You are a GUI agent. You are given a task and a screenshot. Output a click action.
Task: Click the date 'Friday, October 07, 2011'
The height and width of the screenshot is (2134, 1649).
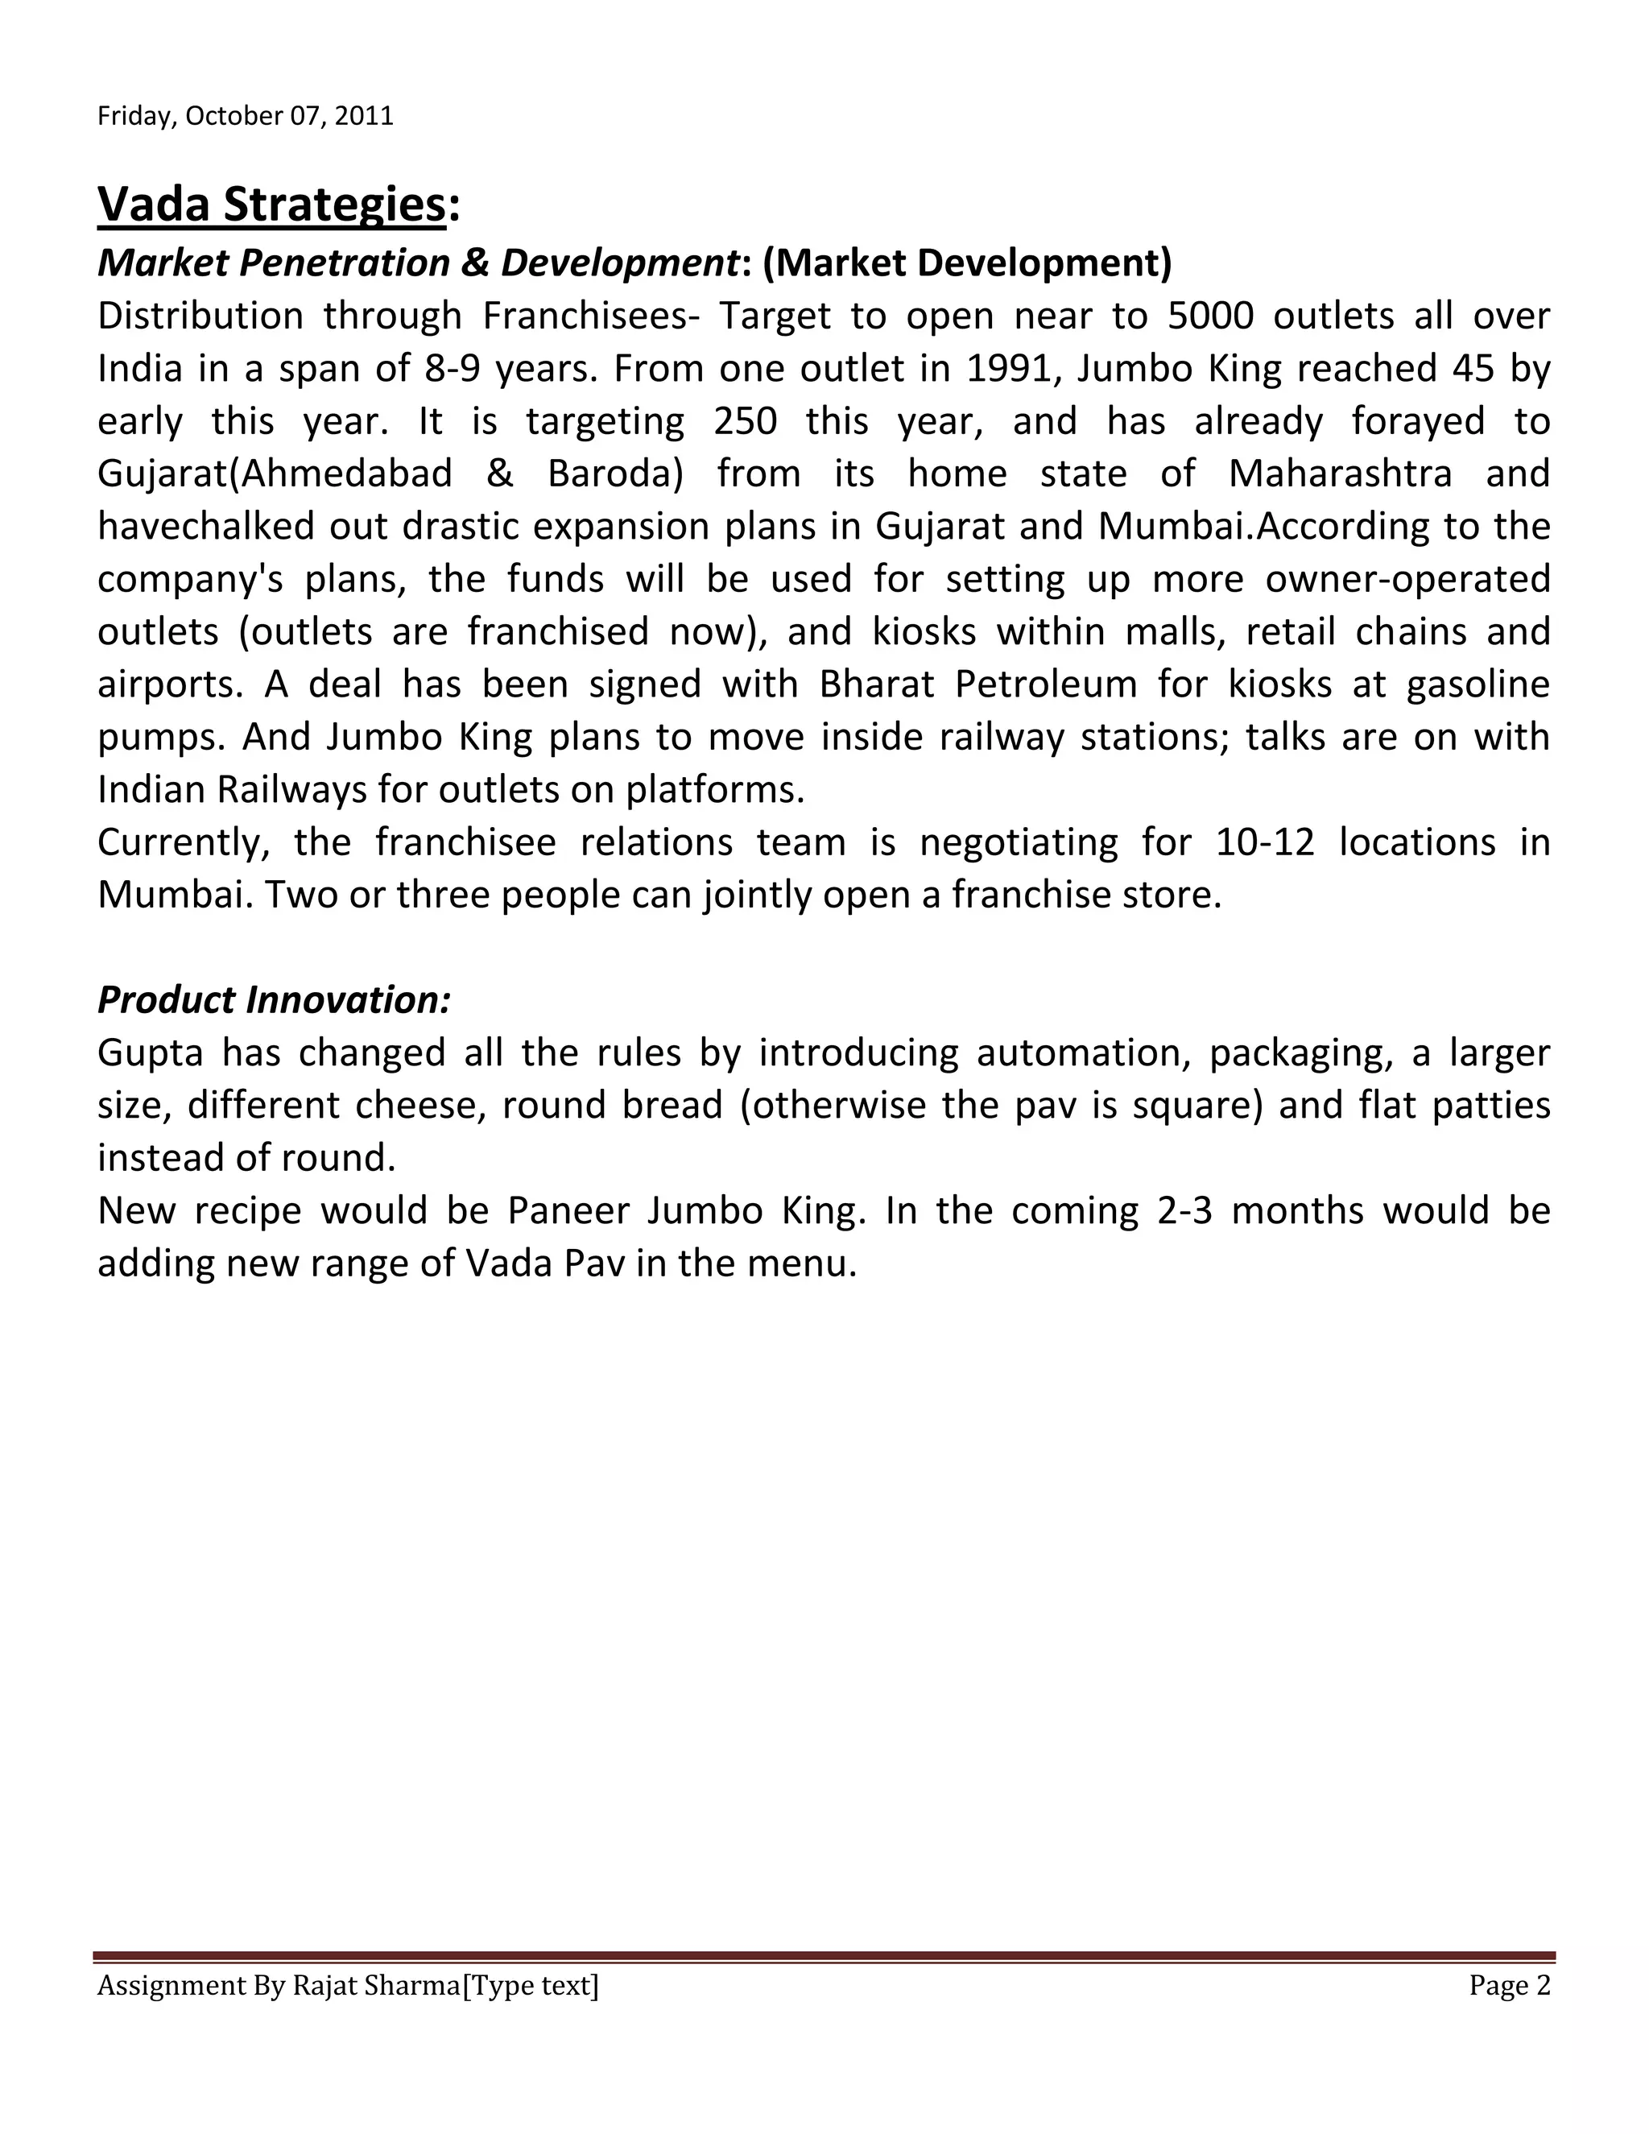coord(246,116)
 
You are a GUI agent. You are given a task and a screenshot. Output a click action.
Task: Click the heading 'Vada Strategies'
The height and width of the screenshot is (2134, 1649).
coord(271,205)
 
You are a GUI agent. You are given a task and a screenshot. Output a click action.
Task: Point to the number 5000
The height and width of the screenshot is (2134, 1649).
coord(1210,316)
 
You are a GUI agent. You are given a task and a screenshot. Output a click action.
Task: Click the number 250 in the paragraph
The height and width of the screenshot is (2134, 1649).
coord(746,422)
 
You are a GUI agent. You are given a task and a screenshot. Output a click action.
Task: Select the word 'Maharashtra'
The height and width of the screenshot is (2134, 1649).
coord(1339,475)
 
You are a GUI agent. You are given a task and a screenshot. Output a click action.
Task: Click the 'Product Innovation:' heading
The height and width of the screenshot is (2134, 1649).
coord(274,1000)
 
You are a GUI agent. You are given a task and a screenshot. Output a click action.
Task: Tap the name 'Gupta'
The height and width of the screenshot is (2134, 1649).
coord(151,1054)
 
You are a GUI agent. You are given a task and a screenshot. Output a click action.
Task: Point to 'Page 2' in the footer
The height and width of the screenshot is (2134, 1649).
coord(1510,1987)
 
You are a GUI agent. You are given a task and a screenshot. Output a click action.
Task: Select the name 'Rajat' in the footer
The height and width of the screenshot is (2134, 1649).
coord(324,1987)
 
